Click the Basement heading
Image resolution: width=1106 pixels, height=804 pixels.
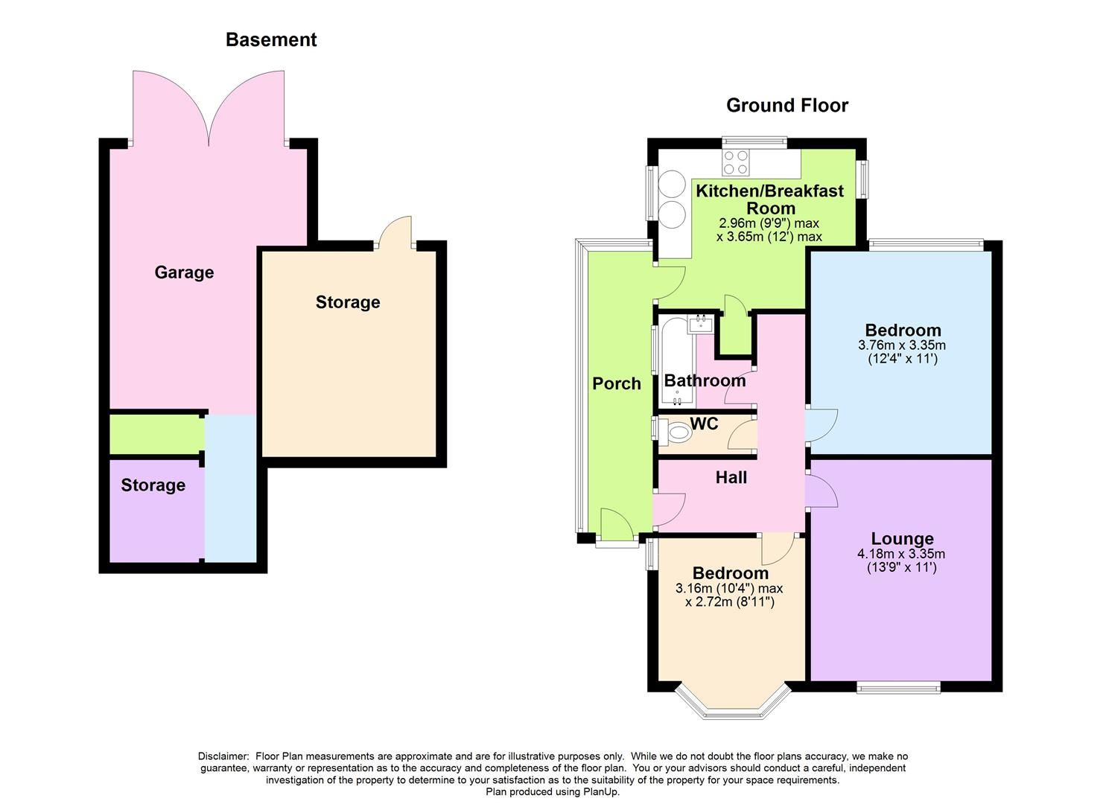pos(271,40)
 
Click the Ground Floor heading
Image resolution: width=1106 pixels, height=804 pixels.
pos(786,106)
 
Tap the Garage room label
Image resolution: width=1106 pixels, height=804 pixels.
pos(184,272)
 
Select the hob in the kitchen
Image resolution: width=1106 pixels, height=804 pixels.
pos(736,162)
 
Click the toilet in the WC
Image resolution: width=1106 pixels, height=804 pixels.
pos(677,432)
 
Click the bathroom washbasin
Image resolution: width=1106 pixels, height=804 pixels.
pos(702,324)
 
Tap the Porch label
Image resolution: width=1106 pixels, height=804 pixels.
pos(616,384)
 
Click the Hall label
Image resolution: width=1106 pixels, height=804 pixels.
pos(731,478)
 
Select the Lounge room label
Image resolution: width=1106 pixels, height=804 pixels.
pos(902,539)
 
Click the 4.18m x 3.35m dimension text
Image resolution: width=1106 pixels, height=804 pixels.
pos(901,554)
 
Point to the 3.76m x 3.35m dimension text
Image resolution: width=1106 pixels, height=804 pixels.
pos(902,345)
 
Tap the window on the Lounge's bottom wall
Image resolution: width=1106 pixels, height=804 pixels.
pos(898,687)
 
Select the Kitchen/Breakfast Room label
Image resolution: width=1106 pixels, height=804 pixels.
pos(769,200)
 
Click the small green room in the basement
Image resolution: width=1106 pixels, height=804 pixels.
pos(155,434)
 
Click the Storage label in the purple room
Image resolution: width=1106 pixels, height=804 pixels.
pos(153,485)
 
